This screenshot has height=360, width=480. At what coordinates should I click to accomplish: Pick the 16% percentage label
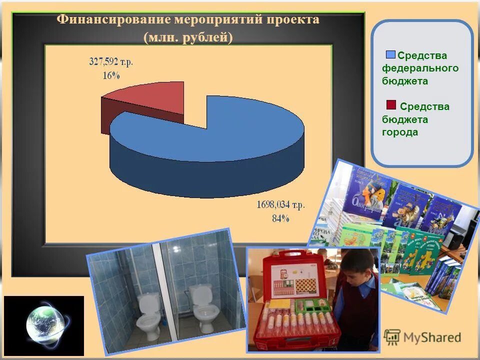111,75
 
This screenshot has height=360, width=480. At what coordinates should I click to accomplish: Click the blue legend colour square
390,54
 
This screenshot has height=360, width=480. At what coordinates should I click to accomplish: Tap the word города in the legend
400,132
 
